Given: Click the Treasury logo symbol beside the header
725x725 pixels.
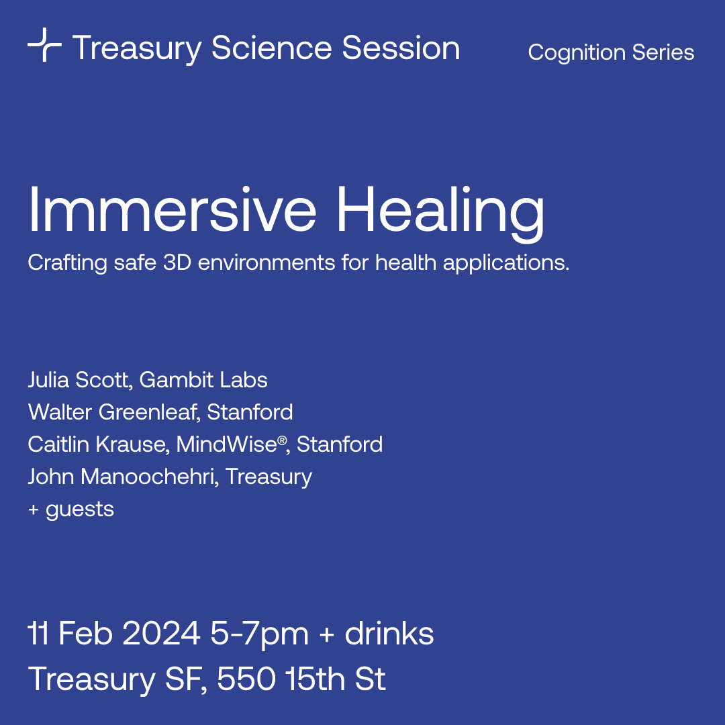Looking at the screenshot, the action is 44,44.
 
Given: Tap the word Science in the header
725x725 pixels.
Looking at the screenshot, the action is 271,48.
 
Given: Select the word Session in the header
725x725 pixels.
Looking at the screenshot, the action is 401,48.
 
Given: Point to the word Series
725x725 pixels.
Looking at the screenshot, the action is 663,52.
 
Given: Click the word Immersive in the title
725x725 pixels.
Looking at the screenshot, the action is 172,209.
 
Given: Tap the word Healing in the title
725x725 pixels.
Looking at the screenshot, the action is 440,213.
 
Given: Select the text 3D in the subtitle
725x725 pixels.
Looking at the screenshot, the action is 177,262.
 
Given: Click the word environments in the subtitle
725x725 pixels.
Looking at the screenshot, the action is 267,262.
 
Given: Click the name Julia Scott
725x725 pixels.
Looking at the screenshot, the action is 80,379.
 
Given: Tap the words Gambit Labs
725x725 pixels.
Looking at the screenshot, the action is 203,379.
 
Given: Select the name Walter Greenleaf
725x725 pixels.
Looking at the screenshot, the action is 114,412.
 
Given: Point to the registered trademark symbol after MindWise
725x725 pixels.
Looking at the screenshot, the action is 282,440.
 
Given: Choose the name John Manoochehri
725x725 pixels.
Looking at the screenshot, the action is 123,477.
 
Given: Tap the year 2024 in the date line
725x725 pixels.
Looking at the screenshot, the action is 161,634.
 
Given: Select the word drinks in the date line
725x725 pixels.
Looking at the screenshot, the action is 389,633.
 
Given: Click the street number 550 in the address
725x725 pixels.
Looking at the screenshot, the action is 246,679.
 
